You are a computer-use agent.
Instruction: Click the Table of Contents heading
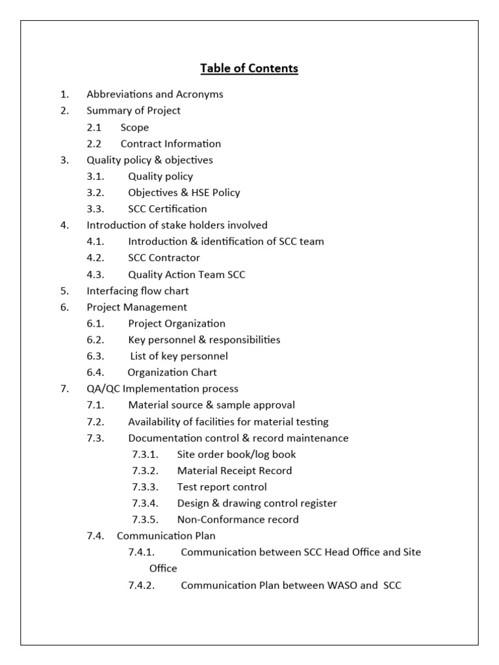tap(249, 68)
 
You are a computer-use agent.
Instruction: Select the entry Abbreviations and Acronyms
tap(155, 94)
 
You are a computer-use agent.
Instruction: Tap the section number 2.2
tap(94, 144)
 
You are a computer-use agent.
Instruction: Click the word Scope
tap(134, 127)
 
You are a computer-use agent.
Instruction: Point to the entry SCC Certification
tap(168, 208)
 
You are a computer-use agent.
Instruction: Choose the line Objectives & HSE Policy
tap(184, 192)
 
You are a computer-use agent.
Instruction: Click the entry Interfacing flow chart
tap(138, 291)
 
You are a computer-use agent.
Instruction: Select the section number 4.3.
tap(96, 275)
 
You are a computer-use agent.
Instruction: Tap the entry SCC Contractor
tap(164, 258)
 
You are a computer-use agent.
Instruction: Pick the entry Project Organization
tap(177, 323)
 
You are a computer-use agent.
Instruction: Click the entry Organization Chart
tap(172, 372)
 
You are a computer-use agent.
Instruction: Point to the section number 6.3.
tap(96, 356)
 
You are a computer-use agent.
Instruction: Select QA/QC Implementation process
tap(162, 389)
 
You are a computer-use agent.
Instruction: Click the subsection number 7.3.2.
tap(145, 471)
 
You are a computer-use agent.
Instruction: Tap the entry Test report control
tap(222, 487)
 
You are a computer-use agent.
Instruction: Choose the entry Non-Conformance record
tap(238, 520)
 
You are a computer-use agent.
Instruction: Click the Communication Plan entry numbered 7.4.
tap(166, 536)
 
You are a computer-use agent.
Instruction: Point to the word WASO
tap(341, 585)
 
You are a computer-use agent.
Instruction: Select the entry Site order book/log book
tap(237, 455)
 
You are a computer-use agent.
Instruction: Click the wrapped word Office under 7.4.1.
tap(163, 568)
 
